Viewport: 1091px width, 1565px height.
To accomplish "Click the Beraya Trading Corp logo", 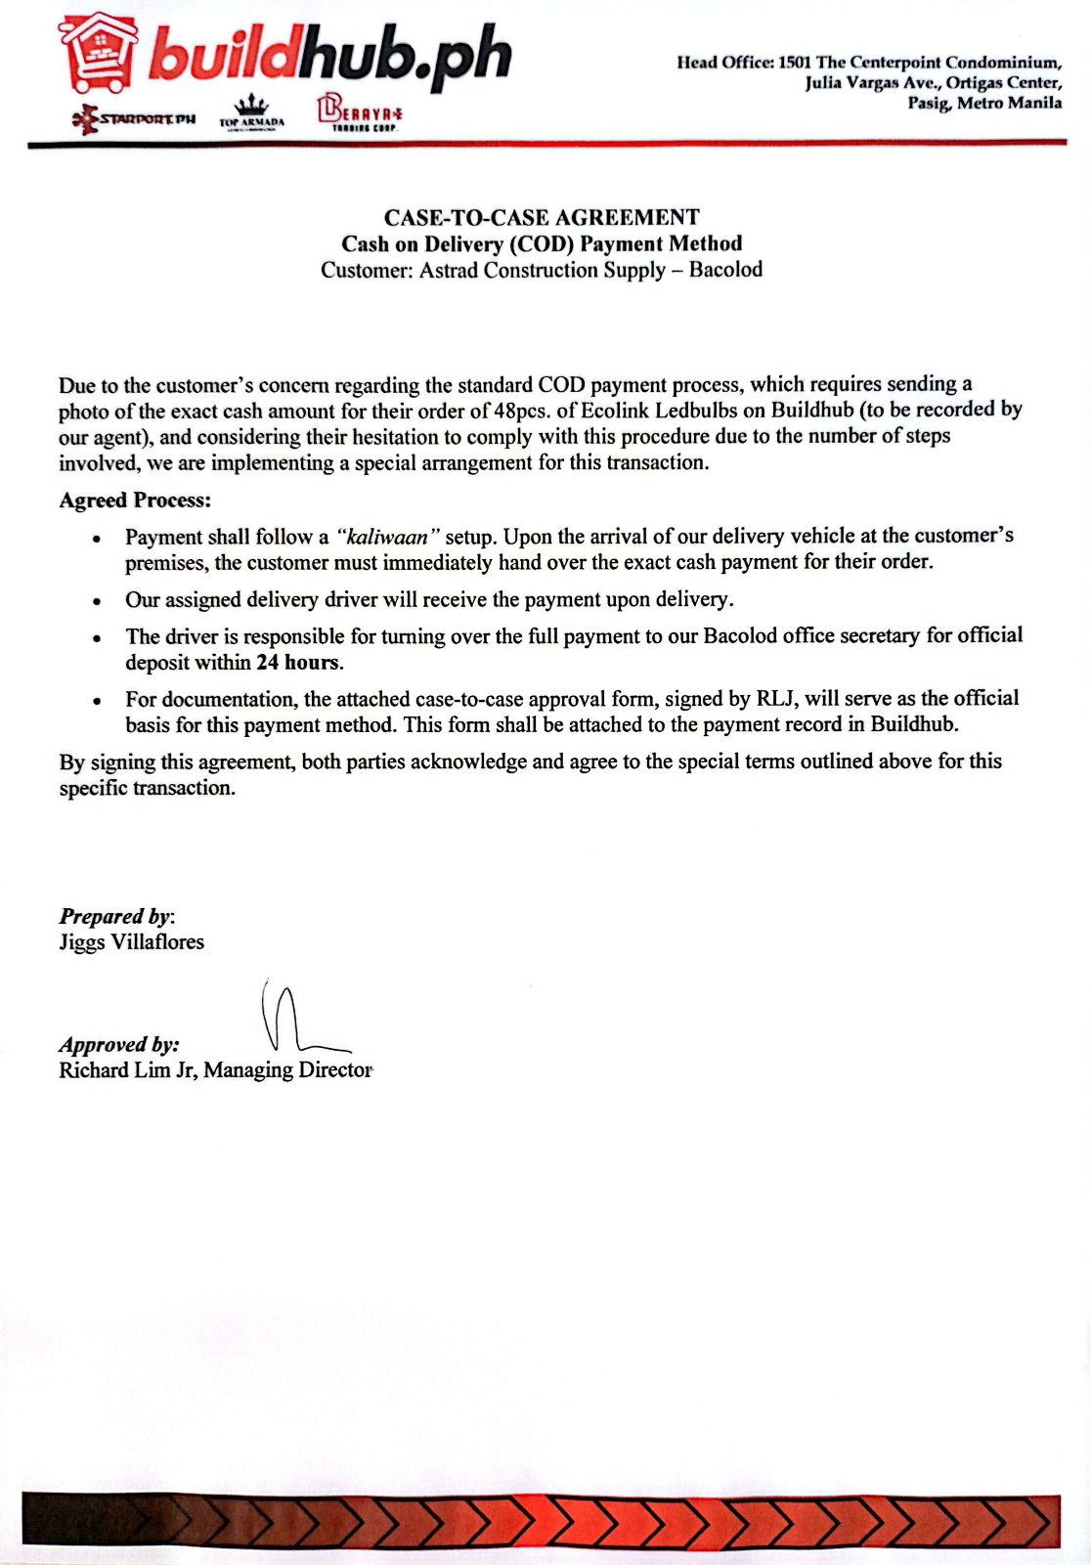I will coord(359,111).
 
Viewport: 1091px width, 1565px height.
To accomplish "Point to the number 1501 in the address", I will coord(795,63).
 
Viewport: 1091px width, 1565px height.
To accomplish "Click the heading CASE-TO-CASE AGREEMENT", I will coord(542,217).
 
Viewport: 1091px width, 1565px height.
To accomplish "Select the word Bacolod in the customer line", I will coord(725,270).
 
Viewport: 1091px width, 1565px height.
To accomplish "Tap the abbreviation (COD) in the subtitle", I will coord(542,243).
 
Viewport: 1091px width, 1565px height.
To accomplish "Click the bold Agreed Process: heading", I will coord(135,500).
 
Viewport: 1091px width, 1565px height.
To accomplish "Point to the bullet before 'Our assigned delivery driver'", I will coord(96,601).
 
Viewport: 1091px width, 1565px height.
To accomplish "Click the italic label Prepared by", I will coord(115,917).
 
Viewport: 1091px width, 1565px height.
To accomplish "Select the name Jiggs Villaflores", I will coord(131,942).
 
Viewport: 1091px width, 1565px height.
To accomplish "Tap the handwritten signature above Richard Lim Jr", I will coord(293,1019).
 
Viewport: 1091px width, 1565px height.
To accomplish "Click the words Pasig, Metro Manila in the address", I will coord(983,103).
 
